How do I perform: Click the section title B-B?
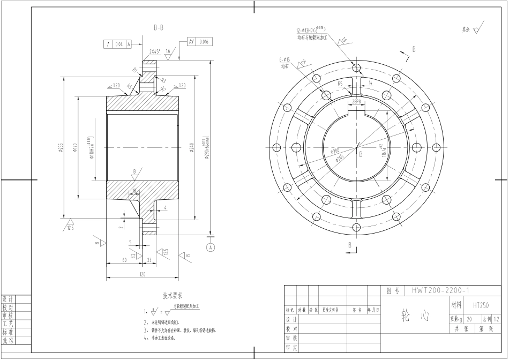(x=159, y=26)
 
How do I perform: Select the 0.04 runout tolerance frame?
(x=118, y=45)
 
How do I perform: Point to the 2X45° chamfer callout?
(x=155, y=51)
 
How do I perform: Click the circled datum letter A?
(x=211, y=247)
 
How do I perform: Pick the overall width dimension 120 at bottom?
(x=142, y=274)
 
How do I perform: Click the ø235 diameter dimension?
(x=61, y=147)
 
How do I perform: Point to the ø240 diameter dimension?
(x=191, y=147)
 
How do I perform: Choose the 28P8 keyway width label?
(x=356, y=101)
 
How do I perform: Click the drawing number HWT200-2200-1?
(x=440, y=290)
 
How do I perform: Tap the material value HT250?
(x=481, y=305)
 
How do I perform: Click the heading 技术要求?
(x=173, y=295)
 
